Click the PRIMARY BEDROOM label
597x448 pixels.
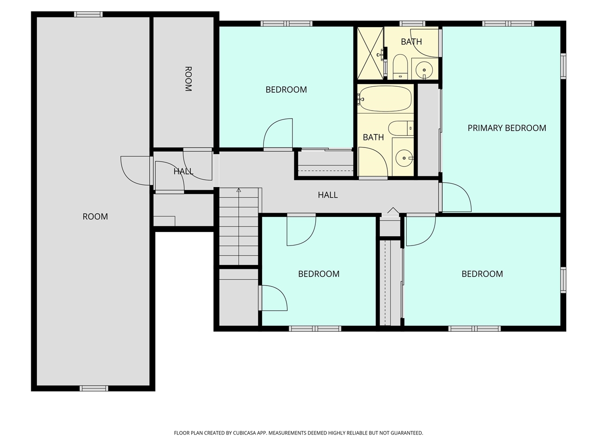pos(507,128)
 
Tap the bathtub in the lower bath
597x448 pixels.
pos(385,98)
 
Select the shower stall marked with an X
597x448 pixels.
pos(370,53)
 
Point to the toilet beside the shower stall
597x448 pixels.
pos(400,67)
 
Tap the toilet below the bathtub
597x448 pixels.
pos(401,127)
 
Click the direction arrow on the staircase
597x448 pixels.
pos(239,190)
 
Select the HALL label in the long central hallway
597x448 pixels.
pos(327,195)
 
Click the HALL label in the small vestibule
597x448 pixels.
pos(183,171)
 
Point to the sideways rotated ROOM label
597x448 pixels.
pos(188,79)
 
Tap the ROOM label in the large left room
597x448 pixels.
pos(95,217)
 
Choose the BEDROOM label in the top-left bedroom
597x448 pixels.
pos(286,90)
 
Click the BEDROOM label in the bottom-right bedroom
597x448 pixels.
pos(482,274)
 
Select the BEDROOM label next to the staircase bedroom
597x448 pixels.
pos(319,274)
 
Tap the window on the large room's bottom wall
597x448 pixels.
pos(94,388)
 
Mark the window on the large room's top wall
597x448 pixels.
pos(88,14)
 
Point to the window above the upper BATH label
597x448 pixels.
pos(412,23)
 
